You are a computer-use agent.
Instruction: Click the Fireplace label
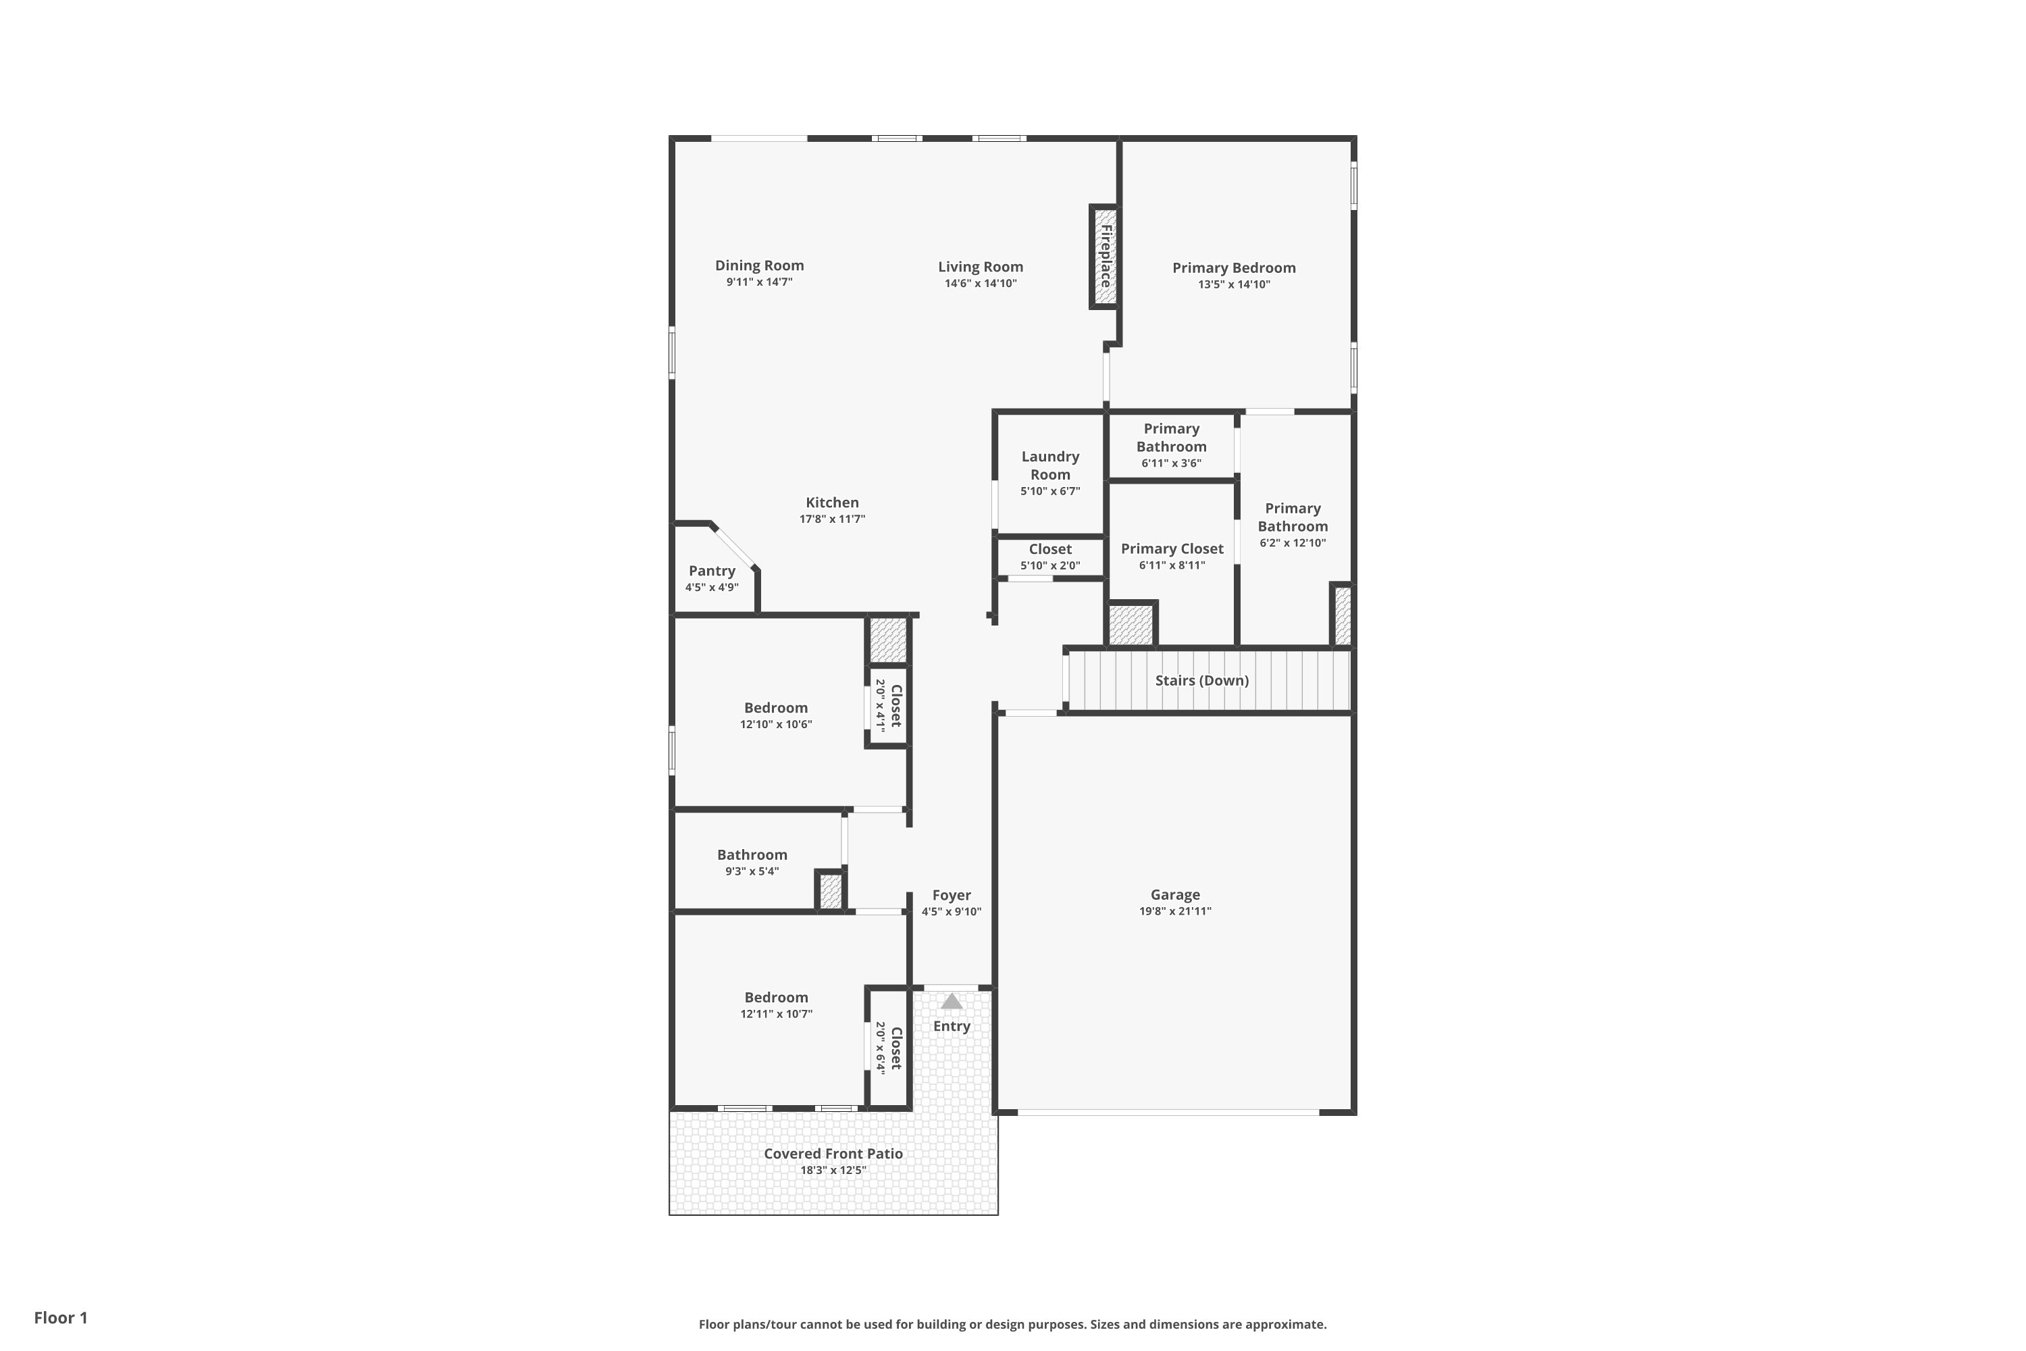1105,256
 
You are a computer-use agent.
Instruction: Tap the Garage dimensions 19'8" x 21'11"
1175,911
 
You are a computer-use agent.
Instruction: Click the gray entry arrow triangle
951,1001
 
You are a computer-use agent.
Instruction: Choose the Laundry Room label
1050,465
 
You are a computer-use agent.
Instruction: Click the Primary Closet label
1172,549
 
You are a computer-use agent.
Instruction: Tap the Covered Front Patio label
833,1154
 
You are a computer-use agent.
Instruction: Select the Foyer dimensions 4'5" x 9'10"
951,911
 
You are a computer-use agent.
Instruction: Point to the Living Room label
981,267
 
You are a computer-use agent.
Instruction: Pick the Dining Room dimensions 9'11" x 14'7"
759,282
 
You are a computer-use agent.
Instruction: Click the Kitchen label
832,503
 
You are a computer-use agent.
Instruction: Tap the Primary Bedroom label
1234,268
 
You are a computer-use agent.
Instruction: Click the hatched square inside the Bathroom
831,891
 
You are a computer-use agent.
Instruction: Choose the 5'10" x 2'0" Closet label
1050,549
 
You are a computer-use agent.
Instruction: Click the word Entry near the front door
951,1026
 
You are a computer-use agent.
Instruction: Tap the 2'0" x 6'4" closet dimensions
881,1048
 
